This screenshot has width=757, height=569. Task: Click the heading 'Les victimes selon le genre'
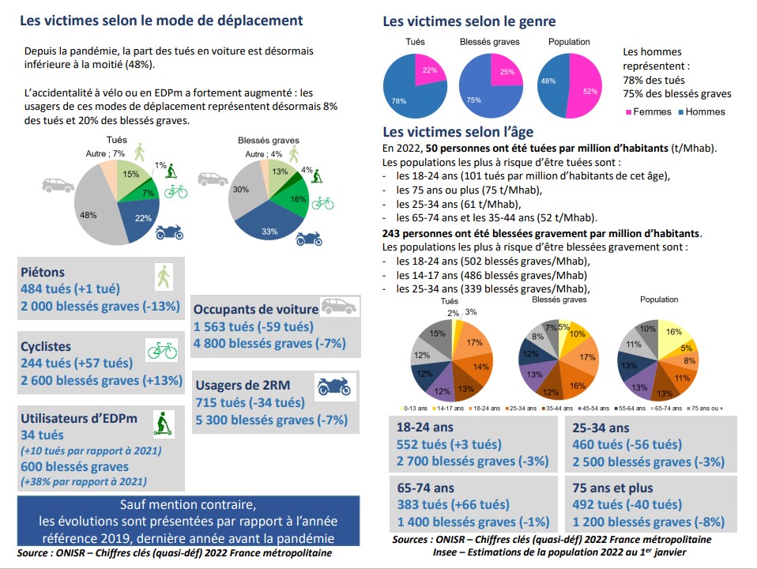click(x=469, y=22)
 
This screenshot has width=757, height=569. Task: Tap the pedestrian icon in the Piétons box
click(x=164, y=277)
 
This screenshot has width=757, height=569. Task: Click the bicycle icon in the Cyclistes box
click(x=161, y=350)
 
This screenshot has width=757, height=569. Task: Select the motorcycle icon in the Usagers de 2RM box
click(x=333, y=386)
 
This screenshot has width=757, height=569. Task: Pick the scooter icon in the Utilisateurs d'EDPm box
click(x=163, y=423)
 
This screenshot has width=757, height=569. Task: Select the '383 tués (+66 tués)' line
click(x=448, y=505)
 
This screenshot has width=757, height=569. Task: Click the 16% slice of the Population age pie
click(x=673, y=333)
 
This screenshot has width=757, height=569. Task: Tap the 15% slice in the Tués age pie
click(x=438, y=334)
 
